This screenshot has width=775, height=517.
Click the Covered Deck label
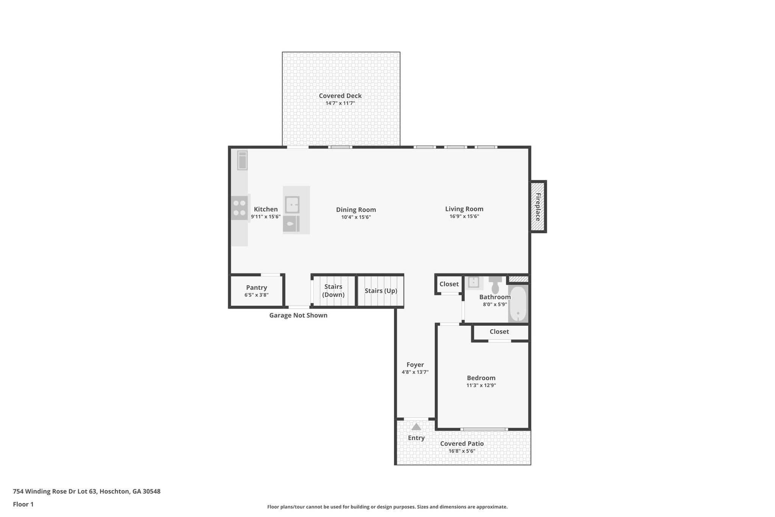pos(340,96)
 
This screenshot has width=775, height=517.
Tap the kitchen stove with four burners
pos(240,208)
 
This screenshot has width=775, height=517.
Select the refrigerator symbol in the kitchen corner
pos(242,160)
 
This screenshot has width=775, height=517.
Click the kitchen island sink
pos(292,205)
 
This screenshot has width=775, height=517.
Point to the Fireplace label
pos(537,207)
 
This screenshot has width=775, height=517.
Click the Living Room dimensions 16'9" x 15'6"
pos(464,217)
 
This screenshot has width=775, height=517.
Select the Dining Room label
pos(356,209)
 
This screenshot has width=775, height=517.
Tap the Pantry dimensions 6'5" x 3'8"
pos(256,295)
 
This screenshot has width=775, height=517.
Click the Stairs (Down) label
pos(333,291)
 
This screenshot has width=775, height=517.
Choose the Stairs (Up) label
pos(381,291)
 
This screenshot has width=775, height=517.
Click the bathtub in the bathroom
pos(518,304)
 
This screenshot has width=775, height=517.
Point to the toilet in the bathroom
pos(495,284)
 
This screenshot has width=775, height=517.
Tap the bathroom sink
pos(474,282)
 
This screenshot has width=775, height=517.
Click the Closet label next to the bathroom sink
pos(449,284)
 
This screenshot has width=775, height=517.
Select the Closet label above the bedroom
pos(499,331)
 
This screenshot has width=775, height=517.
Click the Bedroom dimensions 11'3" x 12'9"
pos(481,386)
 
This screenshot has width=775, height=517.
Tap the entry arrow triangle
pos(416,427)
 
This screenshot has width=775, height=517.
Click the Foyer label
pos(415,365)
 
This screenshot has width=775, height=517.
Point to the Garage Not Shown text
pos(298,315)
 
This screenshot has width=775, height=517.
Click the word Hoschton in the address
pos(114,491)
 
